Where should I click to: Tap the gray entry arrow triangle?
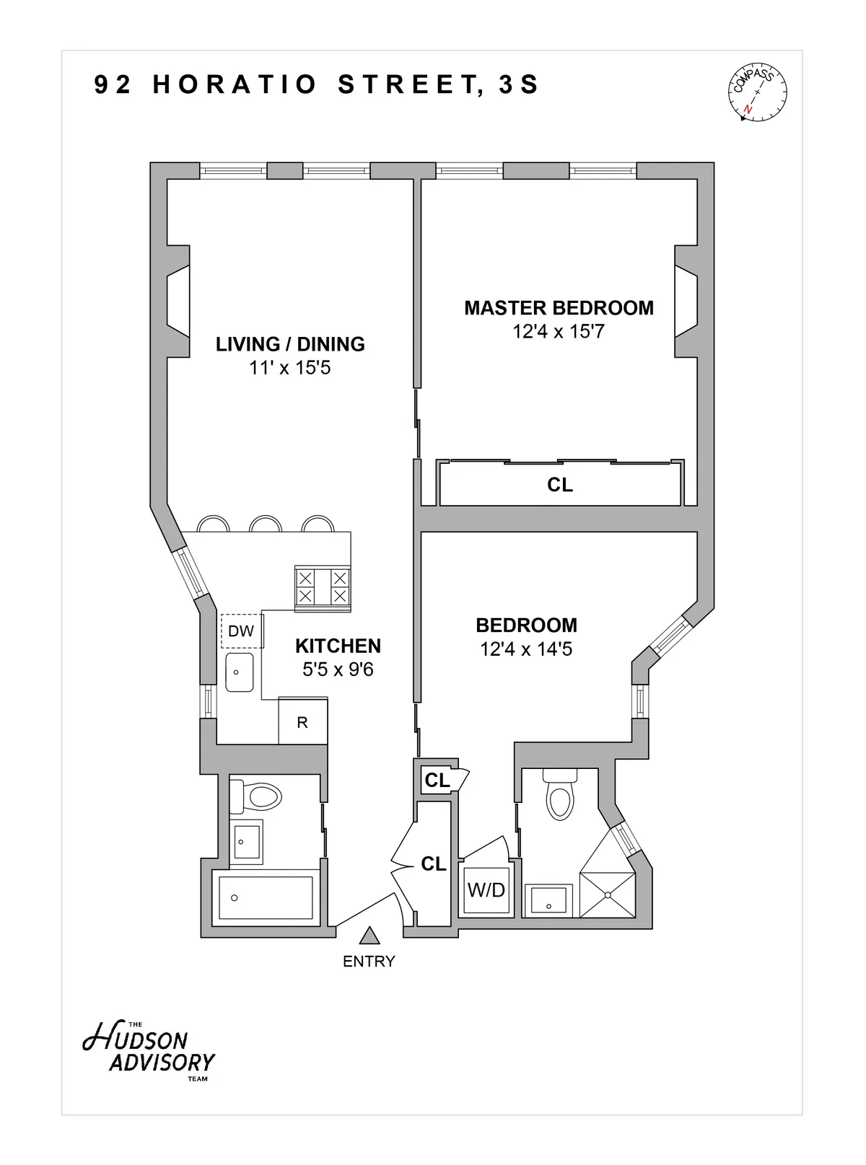pos(369,936)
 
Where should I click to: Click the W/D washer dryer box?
pos(486,890)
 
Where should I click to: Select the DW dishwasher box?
pos(241,631)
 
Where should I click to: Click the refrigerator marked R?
pos(302,721)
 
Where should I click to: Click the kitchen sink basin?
pos(239,672)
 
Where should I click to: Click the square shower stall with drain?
pos(608,894)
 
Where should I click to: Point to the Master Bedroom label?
pos(559,308)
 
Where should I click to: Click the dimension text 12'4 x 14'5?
pos(526,649)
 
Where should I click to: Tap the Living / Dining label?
pos(290,344)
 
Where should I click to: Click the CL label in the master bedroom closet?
pos(559,485)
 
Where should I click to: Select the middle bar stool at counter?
pos(265,524)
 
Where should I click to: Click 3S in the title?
pos(518,85)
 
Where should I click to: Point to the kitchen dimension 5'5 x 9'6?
pos(338,670)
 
